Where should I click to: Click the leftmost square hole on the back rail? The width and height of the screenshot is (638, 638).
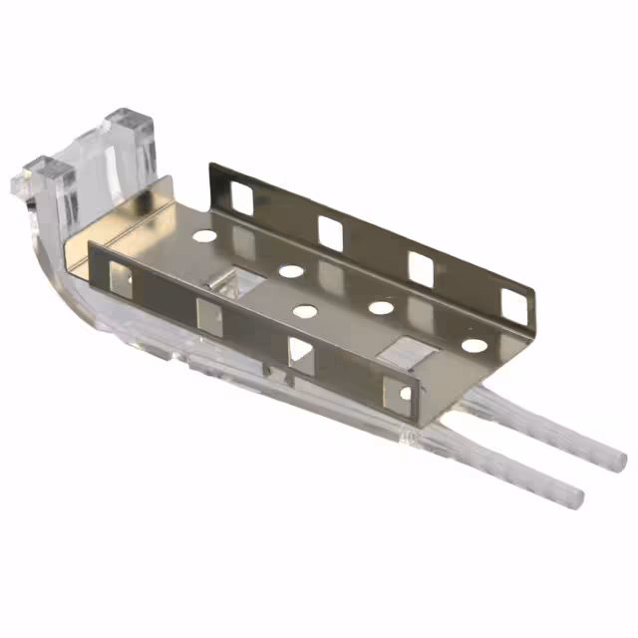(x=241, y=196)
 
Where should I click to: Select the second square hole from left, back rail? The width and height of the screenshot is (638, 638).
(x=331, y=231)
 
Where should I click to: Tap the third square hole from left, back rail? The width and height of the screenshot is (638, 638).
(x=421, y=269)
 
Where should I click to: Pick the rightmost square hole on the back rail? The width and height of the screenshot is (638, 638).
(x=513, y=305)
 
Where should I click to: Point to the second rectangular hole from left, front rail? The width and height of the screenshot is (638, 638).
(x=209, y=315)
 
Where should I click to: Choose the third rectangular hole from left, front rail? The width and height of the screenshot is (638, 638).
(x=299, y=352)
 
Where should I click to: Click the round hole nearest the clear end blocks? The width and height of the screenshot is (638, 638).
(x=203, y=238)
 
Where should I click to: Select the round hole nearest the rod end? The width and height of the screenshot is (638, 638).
(x=475, y=346)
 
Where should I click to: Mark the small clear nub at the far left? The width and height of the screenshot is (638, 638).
(x=18, y=185)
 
